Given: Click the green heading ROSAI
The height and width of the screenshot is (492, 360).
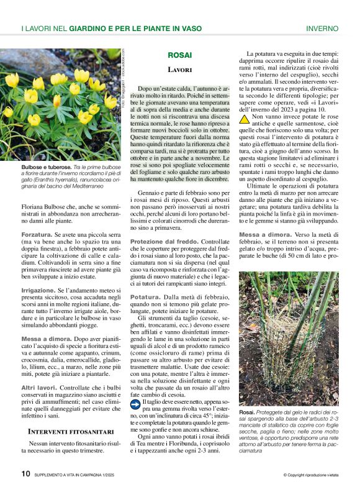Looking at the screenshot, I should [180, 55].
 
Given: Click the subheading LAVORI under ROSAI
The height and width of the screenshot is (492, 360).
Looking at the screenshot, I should [180, 70].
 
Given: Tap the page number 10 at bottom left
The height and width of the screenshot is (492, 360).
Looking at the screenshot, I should [25, 473].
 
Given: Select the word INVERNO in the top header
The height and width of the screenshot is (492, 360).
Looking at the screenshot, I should [322, 29].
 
